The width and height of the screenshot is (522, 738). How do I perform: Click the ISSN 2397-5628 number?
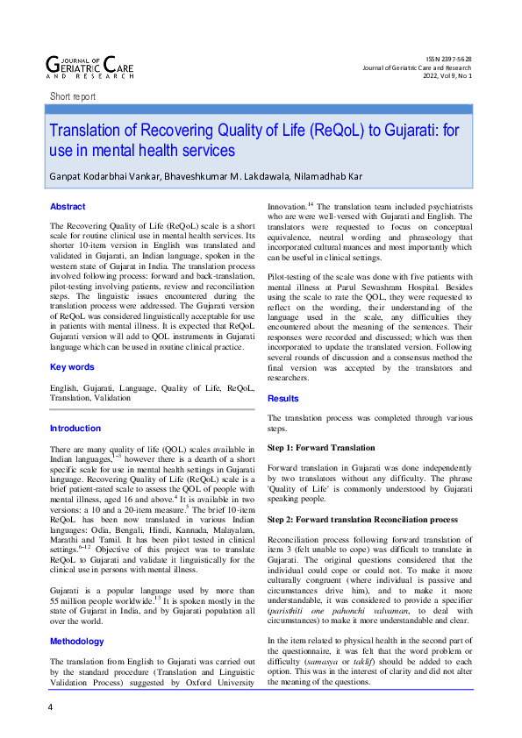447,58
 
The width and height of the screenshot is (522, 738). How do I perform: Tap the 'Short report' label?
73,96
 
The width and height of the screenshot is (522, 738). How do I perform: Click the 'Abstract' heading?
68,207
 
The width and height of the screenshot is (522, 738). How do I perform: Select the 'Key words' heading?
72,366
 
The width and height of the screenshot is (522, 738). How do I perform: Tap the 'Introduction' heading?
75,429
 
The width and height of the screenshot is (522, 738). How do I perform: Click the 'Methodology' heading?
77,617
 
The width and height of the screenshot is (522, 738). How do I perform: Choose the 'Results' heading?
283,398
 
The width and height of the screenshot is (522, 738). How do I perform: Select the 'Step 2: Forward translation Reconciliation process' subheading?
362,520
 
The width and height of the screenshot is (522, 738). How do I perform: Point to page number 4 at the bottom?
51,706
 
